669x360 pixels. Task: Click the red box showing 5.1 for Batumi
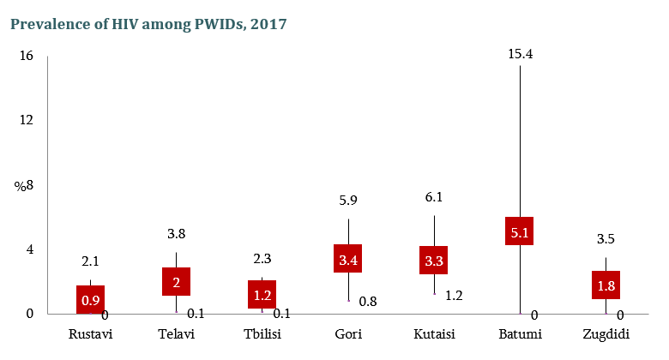520,231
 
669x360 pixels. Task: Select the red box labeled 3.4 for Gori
348,259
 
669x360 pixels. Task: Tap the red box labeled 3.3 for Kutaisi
434,260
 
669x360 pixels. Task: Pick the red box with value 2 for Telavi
177,282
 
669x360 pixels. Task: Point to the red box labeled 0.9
91,300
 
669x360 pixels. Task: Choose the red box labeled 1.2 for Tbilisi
262,294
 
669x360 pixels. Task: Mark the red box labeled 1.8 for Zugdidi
606,285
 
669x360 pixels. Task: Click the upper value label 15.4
521,54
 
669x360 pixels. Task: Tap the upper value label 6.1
434,197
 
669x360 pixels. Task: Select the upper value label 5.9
348,201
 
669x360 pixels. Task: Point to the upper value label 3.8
177,234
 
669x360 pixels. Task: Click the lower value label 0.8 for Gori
368,301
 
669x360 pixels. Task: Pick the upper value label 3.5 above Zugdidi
606,239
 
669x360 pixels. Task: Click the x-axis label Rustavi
91,333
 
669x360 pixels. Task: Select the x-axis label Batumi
520,333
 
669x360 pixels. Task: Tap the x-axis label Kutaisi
434,333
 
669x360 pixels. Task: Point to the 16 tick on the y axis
26,56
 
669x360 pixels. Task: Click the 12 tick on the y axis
26,120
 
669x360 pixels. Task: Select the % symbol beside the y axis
18,185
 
